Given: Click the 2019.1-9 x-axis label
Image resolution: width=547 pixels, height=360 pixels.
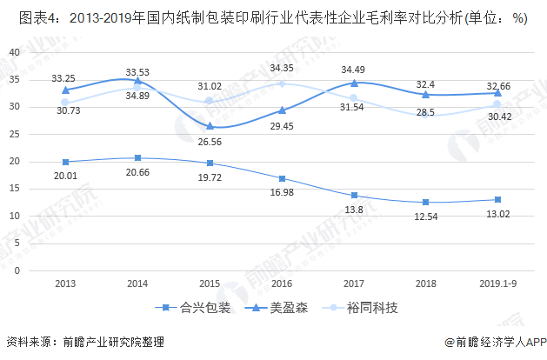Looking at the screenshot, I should tap(497, 284).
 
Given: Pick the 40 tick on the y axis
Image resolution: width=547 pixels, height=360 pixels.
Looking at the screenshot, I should tap(13, 52).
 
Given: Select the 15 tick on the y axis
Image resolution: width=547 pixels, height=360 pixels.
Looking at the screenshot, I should tap(13, 189).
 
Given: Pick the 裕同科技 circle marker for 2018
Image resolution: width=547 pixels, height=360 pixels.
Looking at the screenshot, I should tap(426, 115).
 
